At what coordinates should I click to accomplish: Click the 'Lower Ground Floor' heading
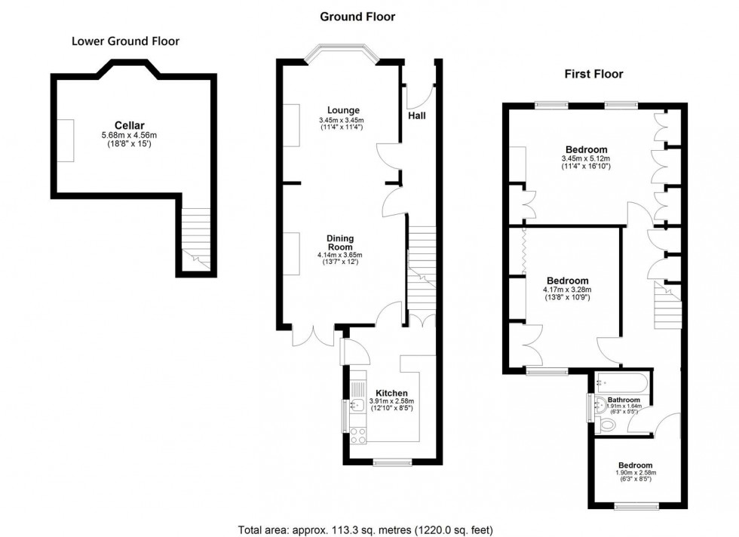[x=125, y=41]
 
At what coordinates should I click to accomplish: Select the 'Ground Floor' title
[x=357, y=17]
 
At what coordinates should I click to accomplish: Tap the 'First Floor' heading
[x=593, y=74]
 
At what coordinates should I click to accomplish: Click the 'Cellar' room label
[x=129, y=125]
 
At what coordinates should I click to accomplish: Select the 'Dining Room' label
[x=340, y=243]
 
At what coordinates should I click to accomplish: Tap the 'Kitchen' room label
[x=391, y=393]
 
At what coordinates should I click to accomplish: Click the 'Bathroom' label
[x=624, y=400]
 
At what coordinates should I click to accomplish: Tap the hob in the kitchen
[x=357, y=435]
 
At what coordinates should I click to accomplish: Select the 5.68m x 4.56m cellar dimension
[x=129, y=135]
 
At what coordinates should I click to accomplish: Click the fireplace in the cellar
[x=67, y=140]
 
